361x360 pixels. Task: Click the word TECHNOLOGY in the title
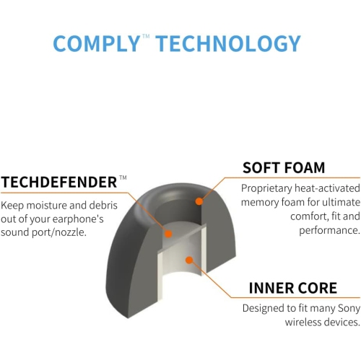pyautogui.click(x=228, y=43)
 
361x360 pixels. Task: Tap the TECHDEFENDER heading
pyautogui.click(x=58, y=181)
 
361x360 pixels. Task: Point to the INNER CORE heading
pyautogui.click(x=292, y=289)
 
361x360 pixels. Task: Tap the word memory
pyautogui.click(x=259, y=202)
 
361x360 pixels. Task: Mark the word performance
pyautogui.click(x=329, y=231)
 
